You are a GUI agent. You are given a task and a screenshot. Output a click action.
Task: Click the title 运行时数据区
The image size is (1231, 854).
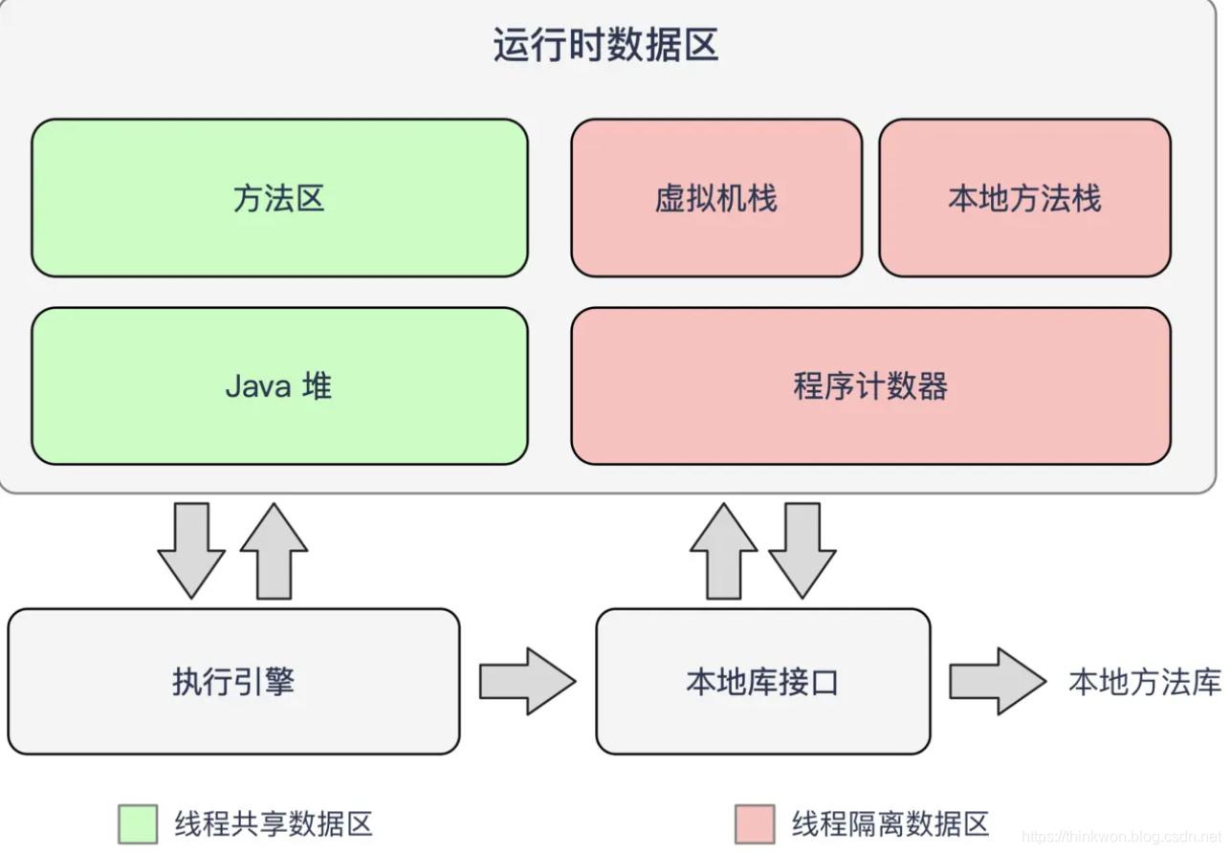(x=605, y=46)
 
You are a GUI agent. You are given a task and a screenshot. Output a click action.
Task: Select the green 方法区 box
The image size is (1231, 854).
(x=279, y=198)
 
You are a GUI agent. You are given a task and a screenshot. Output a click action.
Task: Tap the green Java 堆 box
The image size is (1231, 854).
(x=279, y=386)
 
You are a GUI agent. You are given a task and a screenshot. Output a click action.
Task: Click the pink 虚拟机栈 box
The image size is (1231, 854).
(x=716, y=198)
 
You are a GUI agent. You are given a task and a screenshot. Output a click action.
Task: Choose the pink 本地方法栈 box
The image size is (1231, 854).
(x=1024, y=198)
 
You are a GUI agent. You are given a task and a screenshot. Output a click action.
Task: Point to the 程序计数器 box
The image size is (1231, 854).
(x=870, y=386)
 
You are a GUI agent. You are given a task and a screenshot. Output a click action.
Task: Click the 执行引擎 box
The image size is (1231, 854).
(x=233, y=682)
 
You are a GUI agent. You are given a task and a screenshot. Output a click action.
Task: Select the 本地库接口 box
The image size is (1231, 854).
(x=762, y=682)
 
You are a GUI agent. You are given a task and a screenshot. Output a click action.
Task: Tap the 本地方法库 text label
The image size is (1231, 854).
(x=1145, y=682)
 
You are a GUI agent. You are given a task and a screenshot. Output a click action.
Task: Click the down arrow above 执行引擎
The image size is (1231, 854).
(x=191, y=551)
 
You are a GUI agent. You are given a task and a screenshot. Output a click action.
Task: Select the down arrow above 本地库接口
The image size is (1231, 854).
(x=802, y=551)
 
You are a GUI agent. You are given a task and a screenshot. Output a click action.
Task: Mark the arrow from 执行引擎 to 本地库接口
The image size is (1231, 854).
(x=527, y=681)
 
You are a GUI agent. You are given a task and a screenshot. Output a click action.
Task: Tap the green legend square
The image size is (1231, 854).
(x=138, y=823)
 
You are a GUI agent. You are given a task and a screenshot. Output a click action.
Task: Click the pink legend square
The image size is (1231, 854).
(x=755, y=823)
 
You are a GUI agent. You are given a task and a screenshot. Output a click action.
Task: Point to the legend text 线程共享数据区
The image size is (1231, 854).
(x=274, y=823)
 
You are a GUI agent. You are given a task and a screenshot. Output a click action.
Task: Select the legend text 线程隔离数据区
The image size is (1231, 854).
(x=890, y=823)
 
